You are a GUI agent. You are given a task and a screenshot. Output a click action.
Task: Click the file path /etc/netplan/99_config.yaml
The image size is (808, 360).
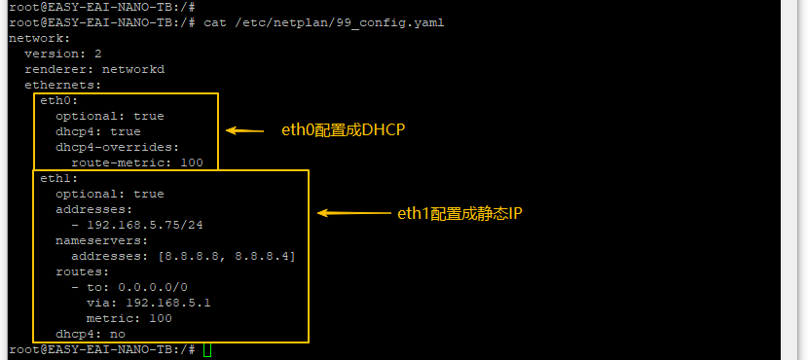337,23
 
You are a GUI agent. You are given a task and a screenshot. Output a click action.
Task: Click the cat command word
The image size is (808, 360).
215,23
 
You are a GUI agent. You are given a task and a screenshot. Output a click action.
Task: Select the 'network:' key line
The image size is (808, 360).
39,39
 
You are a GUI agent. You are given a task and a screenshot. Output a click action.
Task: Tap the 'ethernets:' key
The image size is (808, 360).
63,85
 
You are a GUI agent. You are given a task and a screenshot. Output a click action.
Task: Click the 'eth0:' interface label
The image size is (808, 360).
59,101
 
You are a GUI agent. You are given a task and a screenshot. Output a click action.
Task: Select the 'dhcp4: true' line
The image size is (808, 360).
98,132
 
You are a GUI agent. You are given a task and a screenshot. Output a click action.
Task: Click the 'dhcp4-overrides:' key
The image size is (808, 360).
118,147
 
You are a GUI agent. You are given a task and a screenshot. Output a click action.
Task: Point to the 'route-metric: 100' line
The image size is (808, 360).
137,163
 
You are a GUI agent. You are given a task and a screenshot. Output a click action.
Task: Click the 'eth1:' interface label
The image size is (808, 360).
59,179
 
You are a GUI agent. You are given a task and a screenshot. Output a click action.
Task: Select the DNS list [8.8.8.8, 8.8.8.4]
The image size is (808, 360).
227,257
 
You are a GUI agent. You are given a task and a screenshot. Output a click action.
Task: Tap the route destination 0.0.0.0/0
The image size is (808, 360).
153,287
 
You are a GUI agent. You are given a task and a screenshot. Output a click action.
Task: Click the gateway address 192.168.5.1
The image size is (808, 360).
168,303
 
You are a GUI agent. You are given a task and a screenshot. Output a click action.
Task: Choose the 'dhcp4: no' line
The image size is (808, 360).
91,335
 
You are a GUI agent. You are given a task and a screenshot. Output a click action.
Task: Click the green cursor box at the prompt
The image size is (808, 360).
207,349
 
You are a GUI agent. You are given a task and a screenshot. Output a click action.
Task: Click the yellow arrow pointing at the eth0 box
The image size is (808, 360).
244,130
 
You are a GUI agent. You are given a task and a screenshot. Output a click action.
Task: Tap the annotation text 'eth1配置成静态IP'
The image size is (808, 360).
459,213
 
